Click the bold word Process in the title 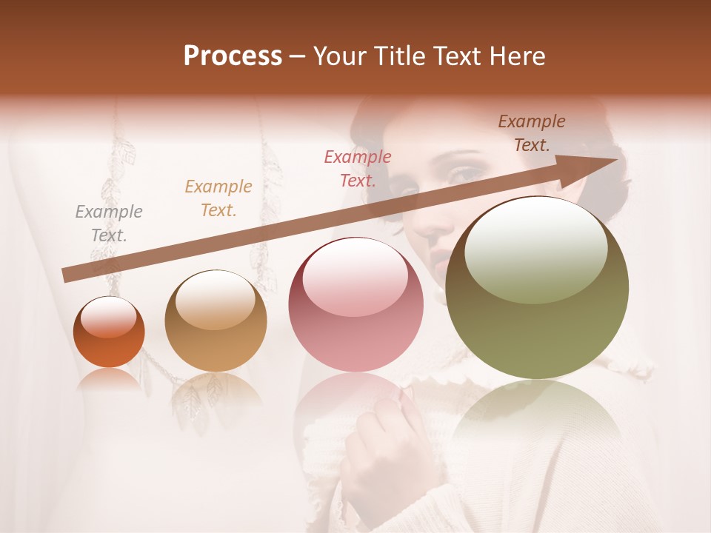click(x=233, y=56)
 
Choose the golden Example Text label click(x=218, y=198)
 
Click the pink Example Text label click(x=358, y=168)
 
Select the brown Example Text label click(x=532, y=133)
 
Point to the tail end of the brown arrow click(x=68, y=275)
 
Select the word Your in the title click(x=338, y=56)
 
